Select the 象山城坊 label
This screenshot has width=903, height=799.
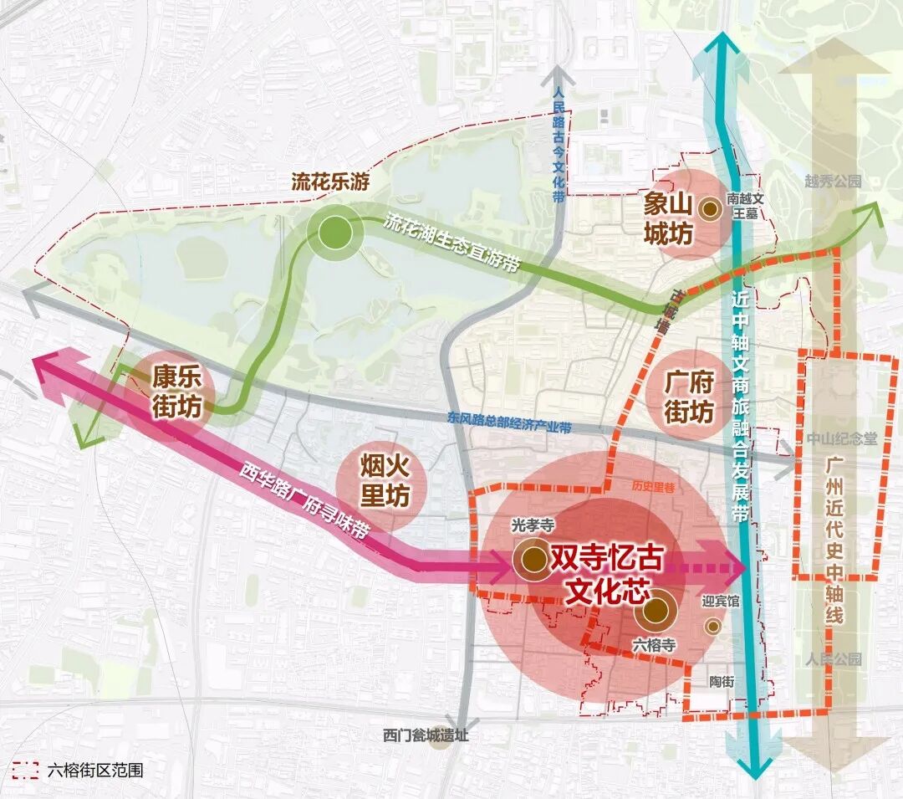click(668, 220)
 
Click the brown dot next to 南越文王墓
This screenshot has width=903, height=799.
click(710, 207)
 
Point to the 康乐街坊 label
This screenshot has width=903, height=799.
click(176, 393)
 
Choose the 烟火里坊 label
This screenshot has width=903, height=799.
click(385, 483)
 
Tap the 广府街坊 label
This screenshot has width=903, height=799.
click(689, 398)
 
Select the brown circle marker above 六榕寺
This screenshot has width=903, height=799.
click(655, 612)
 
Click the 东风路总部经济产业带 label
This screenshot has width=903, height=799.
click(509, 423)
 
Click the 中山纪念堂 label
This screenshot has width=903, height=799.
click(842, 440)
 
